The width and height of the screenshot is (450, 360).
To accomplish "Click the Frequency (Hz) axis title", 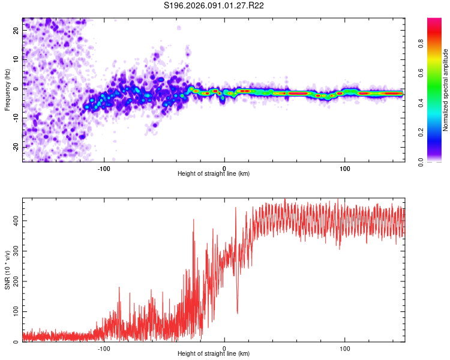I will click(7, 90).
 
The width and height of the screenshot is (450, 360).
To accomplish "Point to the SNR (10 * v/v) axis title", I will click(7, 271).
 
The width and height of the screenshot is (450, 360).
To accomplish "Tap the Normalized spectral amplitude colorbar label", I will click(445, 90).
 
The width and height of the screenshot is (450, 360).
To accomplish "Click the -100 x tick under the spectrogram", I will click(104, 167).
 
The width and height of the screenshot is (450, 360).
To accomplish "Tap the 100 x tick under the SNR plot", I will click(345, 347).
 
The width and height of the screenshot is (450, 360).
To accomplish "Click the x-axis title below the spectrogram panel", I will click(214, 174).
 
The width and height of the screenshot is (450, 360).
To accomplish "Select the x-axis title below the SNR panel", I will click(214, 354).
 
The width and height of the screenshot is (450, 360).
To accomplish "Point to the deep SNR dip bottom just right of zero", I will click(238, 313).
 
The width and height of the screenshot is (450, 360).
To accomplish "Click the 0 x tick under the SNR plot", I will click(224, 347).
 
